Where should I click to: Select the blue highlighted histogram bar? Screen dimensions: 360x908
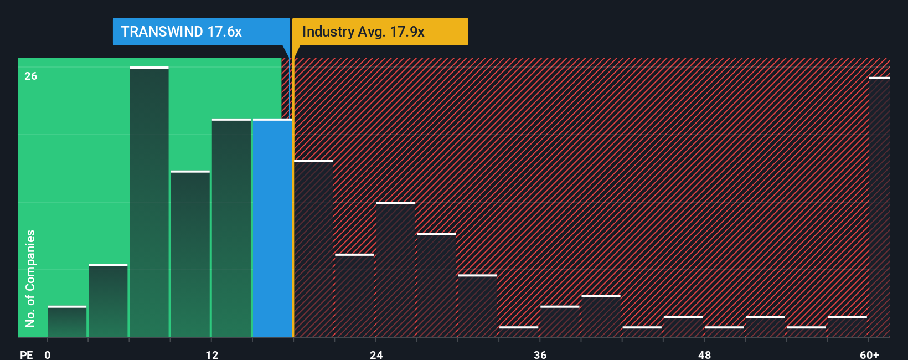pyautogui.click(x=272, y=227)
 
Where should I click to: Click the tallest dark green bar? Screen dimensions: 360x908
pyautogui.click(x=149, y=202)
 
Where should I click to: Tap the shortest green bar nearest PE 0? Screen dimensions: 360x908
pyautogui.click(x=67, y=322)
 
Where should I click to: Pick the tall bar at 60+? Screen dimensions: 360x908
pyautogui.click(x=879, y=207)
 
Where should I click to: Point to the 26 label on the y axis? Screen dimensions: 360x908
pyautogui.click(x=31, y=76)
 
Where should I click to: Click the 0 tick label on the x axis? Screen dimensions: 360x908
pyautogui.click(x=48, y=354)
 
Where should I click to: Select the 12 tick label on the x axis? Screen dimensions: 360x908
pyautogui.click(x=212, y=354)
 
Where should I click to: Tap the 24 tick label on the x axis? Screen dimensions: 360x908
pyautogui.click(x=376, y=354)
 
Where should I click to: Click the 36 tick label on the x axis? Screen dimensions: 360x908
pyautogui.click(x=540, y=354)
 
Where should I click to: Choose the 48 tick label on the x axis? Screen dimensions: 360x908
pyautogui.click(x=704, y=354)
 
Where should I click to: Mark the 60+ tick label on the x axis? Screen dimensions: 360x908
pyautogui.click(x=869, y=354)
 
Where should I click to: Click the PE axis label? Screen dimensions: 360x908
pyautogui.click(x=26, y=354)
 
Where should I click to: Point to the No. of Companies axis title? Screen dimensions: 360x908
pyautogui.click(x=30, y=278)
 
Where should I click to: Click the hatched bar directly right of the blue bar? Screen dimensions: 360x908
pyautogui.click(x=313, y=249)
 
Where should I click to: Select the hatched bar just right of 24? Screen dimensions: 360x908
pyautogui.click(x=395, y=269)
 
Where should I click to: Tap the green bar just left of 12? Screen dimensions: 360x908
pyautogui.click(x=190, y=254)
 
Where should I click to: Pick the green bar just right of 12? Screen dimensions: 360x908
pyautogui.click(x=231, y=228)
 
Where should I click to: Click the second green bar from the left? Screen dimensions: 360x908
pyautogui.click(x=108, y=301)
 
